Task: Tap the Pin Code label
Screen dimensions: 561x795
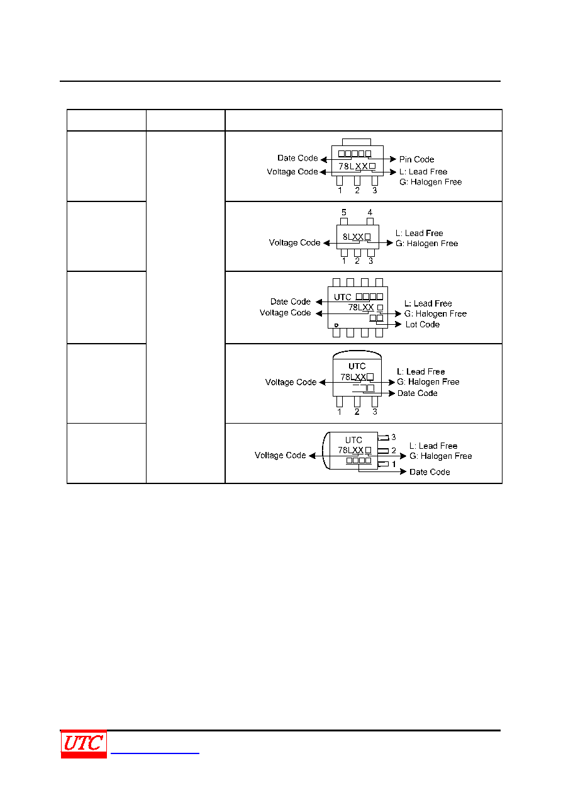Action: (x=416, y=159)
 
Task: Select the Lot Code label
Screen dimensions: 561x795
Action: (x=423, y=324)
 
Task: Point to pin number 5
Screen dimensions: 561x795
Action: (x=343, y=212)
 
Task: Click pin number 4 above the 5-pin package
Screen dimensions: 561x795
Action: (x=370, y=212)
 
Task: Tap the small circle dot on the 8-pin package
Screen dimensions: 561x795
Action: (x=336, y=325)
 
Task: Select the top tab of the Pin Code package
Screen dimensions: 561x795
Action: (x=357, y=142)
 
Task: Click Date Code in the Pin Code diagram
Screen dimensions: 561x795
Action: (x=297, y=158)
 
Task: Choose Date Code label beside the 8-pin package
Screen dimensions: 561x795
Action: (x=291, y=302)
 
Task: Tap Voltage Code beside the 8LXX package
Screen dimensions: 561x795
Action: (x=294, y=243)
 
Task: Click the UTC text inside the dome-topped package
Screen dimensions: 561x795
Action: (x=357, y=366)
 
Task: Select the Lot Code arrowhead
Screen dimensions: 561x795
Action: (x=398, y=324)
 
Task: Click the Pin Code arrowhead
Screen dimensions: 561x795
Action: (x=393, y=159)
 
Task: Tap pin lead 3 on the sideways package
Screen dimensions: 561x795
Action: (x=384, y=438)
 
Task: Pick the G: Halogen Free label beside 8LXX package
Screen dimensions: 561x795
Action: (x=426, y=244)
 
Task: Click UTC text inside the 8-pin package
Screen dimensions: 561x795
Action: (x=342, y=297)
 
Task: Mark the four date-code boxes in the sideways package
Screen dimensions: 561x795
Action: (x=358, y=460)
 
